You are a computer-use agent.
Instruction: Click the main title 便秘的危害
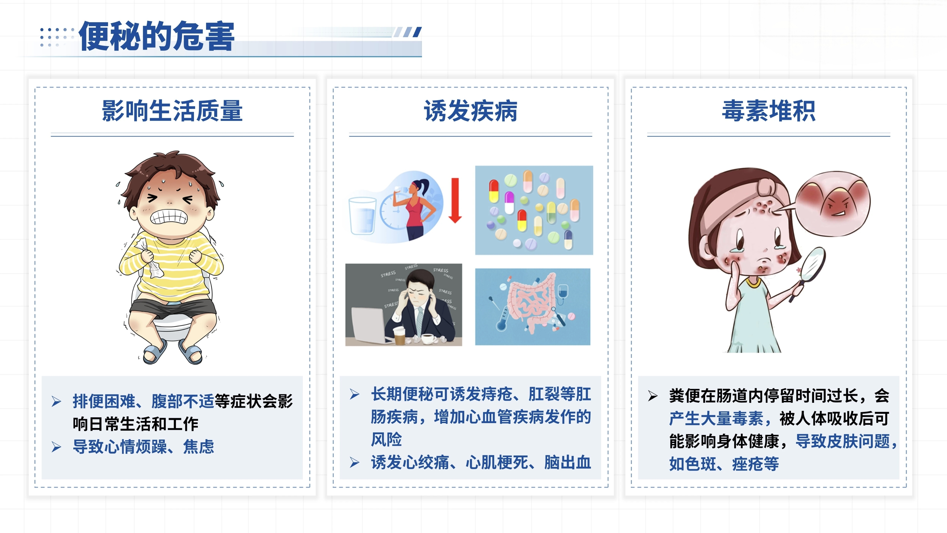coord(157,36)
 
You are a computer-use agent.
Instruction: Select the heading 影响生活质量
coord(172,111)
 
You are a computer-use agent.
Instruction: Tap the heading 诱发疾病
coord(470,111)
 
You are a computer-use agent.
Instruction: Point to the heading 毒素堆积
coord(769,111)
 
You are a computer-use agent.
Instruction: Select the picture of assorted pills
coord(534,210)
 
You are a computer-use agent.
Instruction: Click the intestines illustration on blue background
coord(533,307)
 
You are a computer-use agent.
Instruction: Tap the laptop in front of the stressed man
coord(369,325)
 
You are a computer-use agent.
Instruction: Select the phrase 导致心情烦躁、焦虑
coord(143,446)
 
